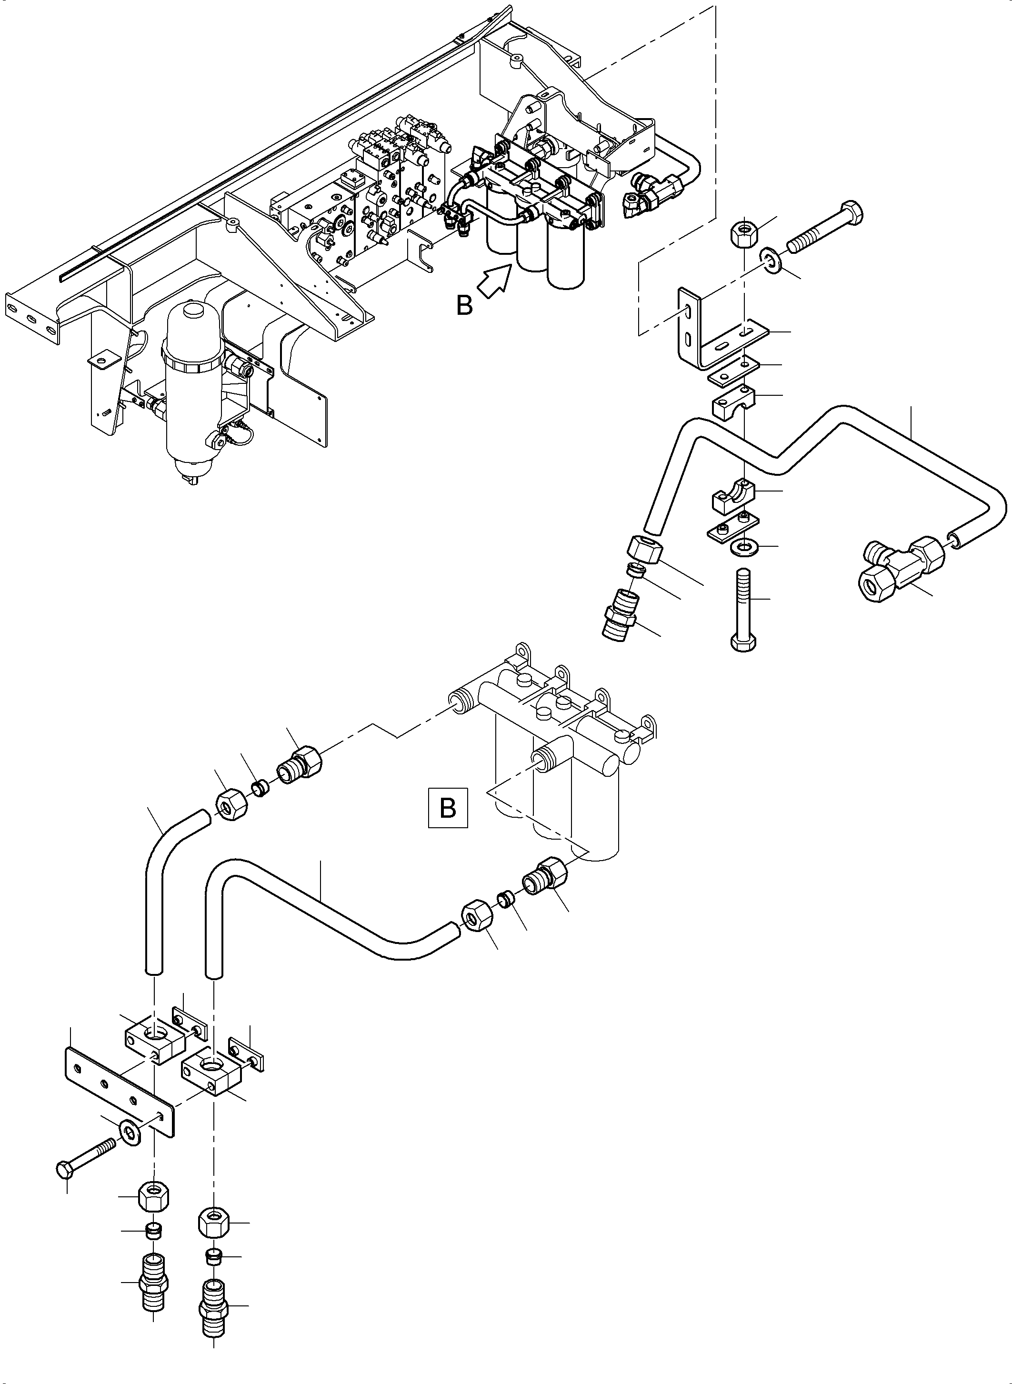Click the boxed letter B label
[448, 807]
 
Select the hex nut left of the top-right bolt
[743, 231]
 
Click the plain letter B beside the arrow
[464, 305]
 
